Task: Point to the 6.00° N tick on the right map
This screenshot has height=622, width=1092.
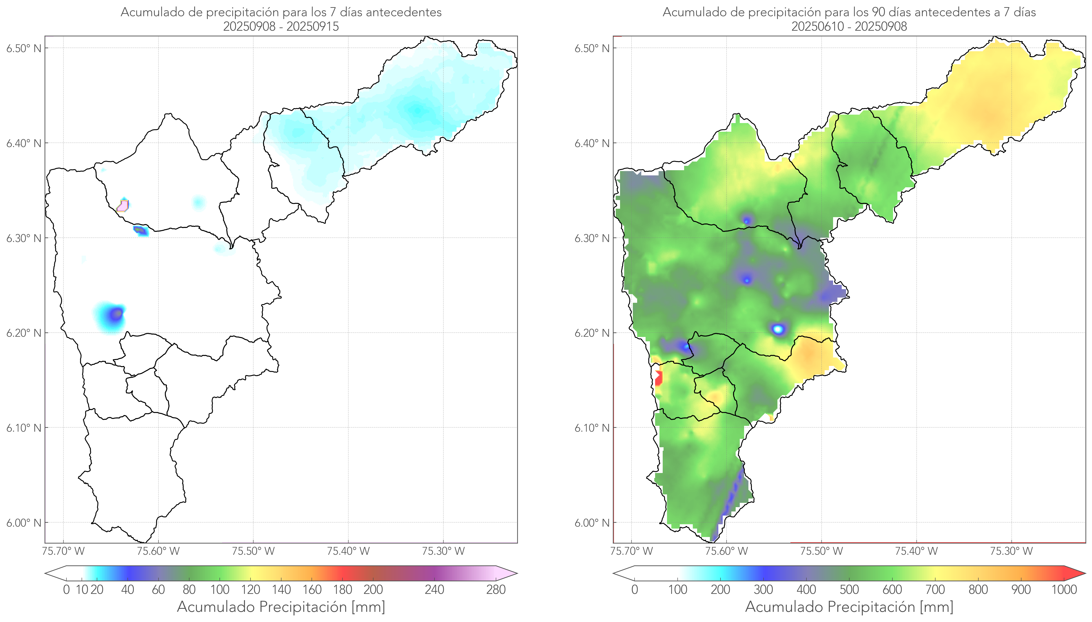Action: (x=592, y=523)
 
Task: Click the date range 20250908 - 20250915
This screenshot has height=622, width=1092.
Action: (x=281, y=26)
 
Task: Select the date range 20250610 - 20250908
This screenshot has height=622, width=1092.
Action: (x=849, y=26)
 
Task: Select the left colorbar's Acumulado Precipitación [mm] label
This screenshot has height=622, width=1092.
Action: (x=281, y=607)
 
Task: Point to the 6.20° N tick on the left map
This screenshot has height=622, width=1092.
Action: (x=24, y=333)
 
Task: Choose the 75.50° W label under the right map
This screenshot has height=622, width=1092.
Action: (x=821, y=551)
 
